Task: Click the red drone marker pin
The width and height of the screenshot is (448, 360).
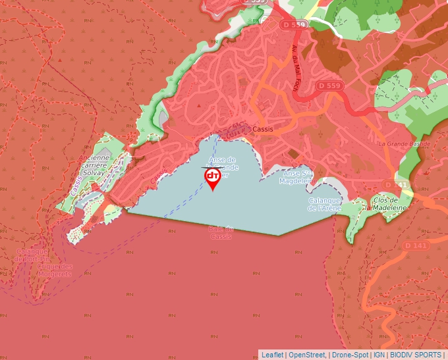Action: pos(213,178)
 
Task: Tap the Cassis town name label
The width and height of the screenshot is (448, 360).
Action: pos(262,130)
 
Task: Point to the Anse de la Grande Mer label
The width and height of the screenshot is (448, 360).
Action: pos(222,167)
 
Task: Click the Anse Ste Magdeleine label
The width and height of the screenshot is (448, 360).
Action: pos(295,176)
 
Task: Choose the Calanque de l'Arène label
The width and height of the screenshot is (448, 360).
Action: pos(324,204)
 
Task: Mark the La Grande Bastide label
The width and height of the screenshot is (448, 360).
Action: pos(404,143)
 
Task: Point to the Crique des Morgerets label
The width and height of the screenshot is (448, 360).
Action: pos(55,270)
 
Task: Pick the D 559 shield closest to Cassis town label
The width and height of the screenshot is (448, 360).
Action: pos(329,86)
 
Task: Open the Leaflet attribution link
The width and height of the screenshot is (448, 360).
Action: pos(272,355)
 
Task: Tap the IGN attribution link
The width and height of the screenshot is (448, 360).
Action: pos(379,355)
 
